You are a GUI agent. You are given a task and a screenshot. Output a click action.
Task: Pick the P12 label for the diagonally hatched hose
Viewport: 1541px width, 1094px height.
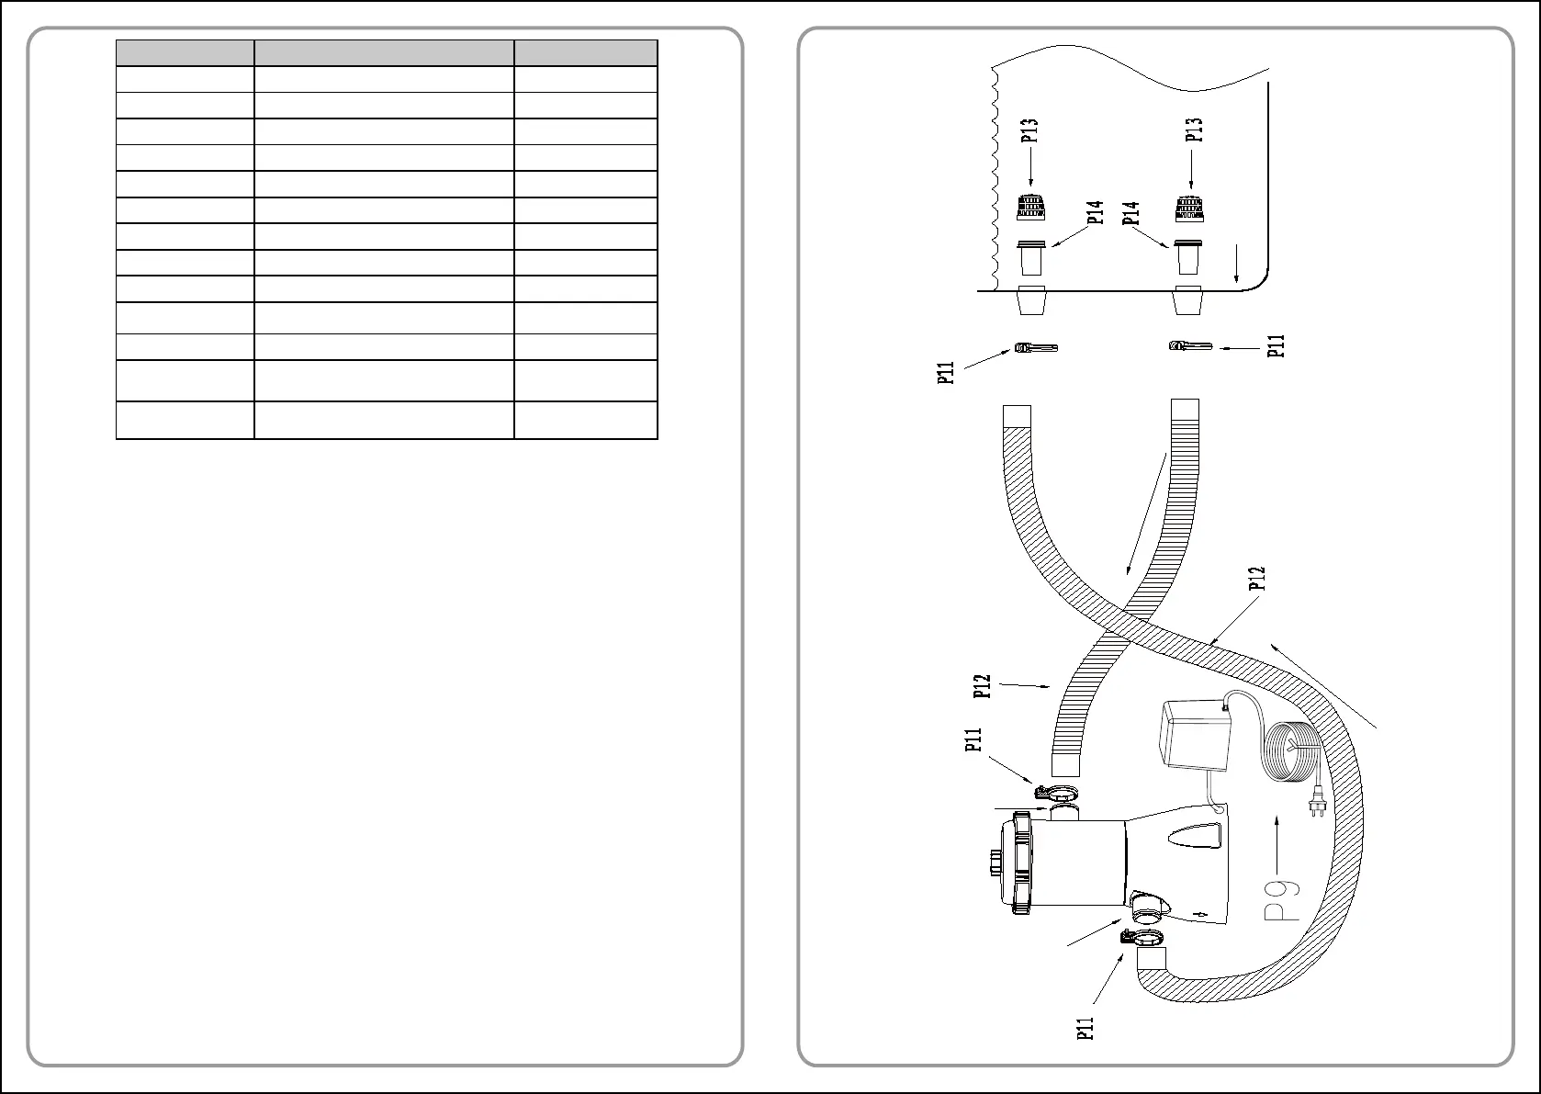[1257, 579]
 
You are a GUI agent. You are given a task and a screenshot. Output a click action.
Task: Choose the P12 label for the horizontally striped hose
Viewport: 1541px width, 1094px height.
[983, 686]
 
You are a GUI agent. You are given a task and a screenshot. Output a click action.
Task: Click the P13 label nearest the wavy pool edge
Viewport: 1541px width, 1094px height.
[1029, 130]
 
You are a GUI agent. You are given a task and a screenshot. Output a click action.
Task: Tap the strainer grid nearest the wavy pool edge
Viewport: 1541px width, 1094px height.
[1030, 209]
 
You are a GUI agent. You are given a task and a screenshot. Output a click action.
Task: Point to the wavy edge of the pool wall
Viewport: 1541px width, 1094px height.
[995, 175]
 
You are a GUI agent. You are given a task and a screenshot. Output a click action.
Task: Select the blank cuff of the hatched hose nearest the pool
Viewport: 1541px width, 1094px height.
[1018, 416]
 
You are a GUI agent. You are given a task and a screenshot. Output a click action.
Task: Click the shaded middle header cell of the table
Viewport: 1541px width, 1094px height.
[384, 52]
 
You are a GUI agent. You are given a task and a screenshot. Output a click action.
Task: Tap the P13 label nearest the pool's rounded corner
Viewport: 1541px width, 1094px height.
[1195, 130]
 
